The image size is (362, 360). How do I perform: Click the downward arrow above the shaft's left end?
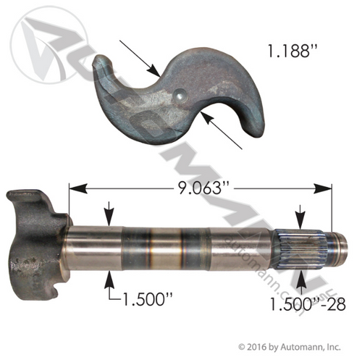click(109, 217)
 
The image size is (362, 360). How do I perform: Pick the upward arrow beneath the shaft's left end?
click(109, 278)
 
